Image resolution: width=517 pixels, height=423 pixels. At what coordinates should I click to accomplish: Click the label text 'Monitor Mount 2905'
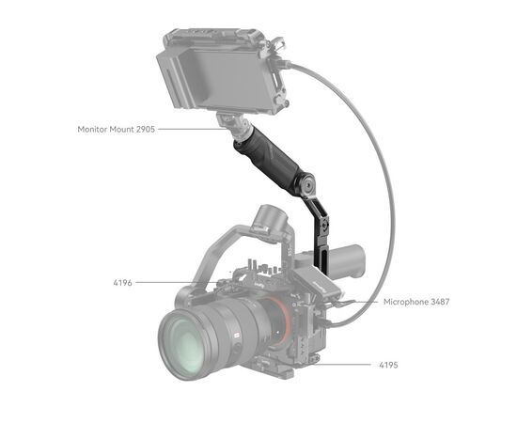click(117, 128)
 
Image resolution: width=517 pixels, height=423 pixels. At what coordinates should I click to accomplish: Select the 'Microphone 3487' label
click(415, 302)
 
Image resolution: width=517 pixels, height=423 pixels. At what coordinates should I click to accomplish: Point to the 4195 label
click(389, 363)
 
